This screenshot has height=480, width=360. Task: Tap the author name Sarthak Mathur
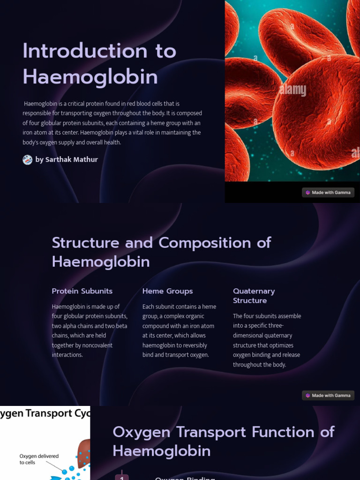coord(72,159)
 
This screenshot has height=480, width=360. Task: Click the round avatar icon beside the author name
coord(28,160)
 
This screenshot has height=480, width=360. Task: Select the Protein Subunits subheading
coord(82,291)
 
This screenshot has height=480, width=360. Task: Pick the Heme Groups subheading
coord(167,291)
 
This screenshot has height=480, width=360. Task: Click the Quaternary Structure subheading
coord(254,296)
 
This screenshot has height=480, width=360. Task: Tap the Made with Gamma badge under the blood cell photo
coord(328,193)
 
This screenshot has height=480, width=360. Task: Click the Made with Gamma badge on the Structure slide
coord(328,396)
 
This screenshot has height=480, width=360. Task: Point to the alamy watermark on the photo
coord(292,90)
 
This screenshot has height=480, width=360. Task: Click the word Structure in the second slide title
coord(85,243)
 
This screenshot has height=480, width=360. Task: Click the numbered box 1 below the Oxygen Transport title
coord(122,477)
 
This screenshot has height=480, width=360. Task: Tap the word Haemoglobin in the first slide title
coord(90,76)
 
